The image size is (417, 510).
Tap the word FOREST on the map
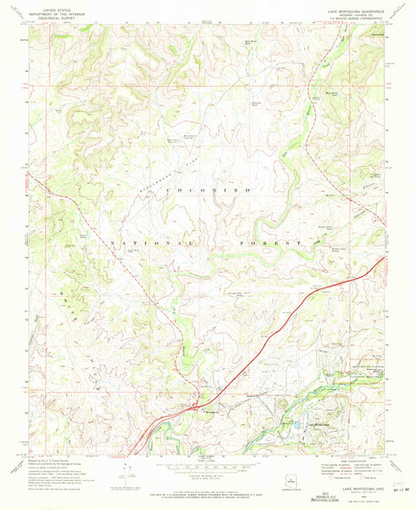(279, 243)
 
